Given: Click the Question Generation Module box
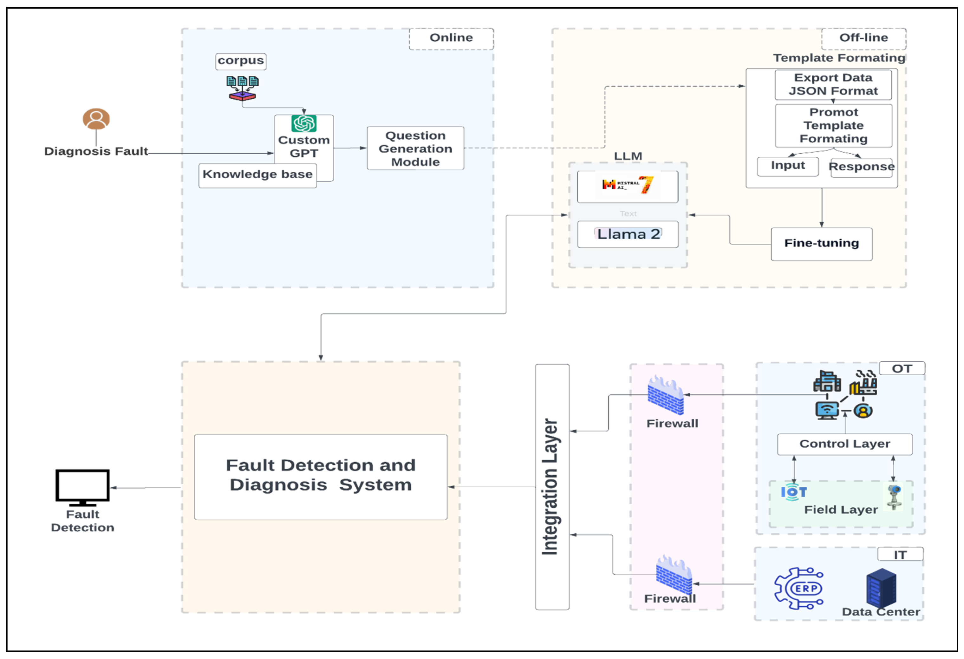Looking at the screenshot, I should pos(415,148).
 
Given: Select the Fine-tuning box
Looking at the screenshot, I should pos(821,244).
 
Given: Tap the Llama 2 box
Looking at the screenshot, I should pos(628,234).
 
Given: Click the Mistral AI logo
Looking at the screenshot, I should pos(627,185).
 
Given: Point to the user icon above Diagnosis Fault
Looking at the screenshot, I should pos(96,119).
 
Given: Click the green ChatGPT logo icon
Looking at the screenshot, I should pos(304,123).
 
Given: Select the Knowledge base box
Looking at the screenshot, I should pos(257,175).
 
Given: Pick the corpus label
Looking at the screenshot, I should pos(241,61).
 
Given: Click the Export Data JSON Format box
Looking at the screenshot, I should pos(833,85).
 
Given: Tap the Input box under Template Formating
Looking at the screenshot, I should pos(787,166).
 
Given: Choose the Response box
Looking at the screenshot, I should pos(861,167).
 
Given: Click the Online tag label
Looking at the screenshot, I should pos(451,38).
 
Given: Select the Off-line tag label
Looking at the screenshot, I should pos(863,38).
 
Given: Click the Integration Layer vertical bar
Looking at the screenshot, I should pos(552,486).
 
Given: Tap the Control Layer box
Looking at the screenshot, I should pos(844,444).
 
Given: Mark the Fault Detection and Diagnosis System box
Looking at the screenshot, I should pos(320,477).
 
